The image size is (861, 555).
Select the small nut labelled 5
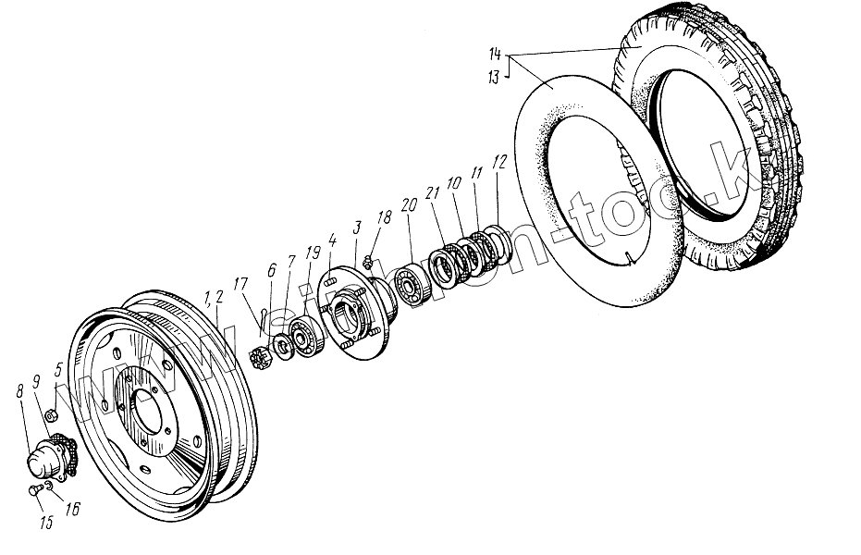pos(53,414)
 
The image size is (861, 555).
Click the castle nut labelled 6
pos(261,356)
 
